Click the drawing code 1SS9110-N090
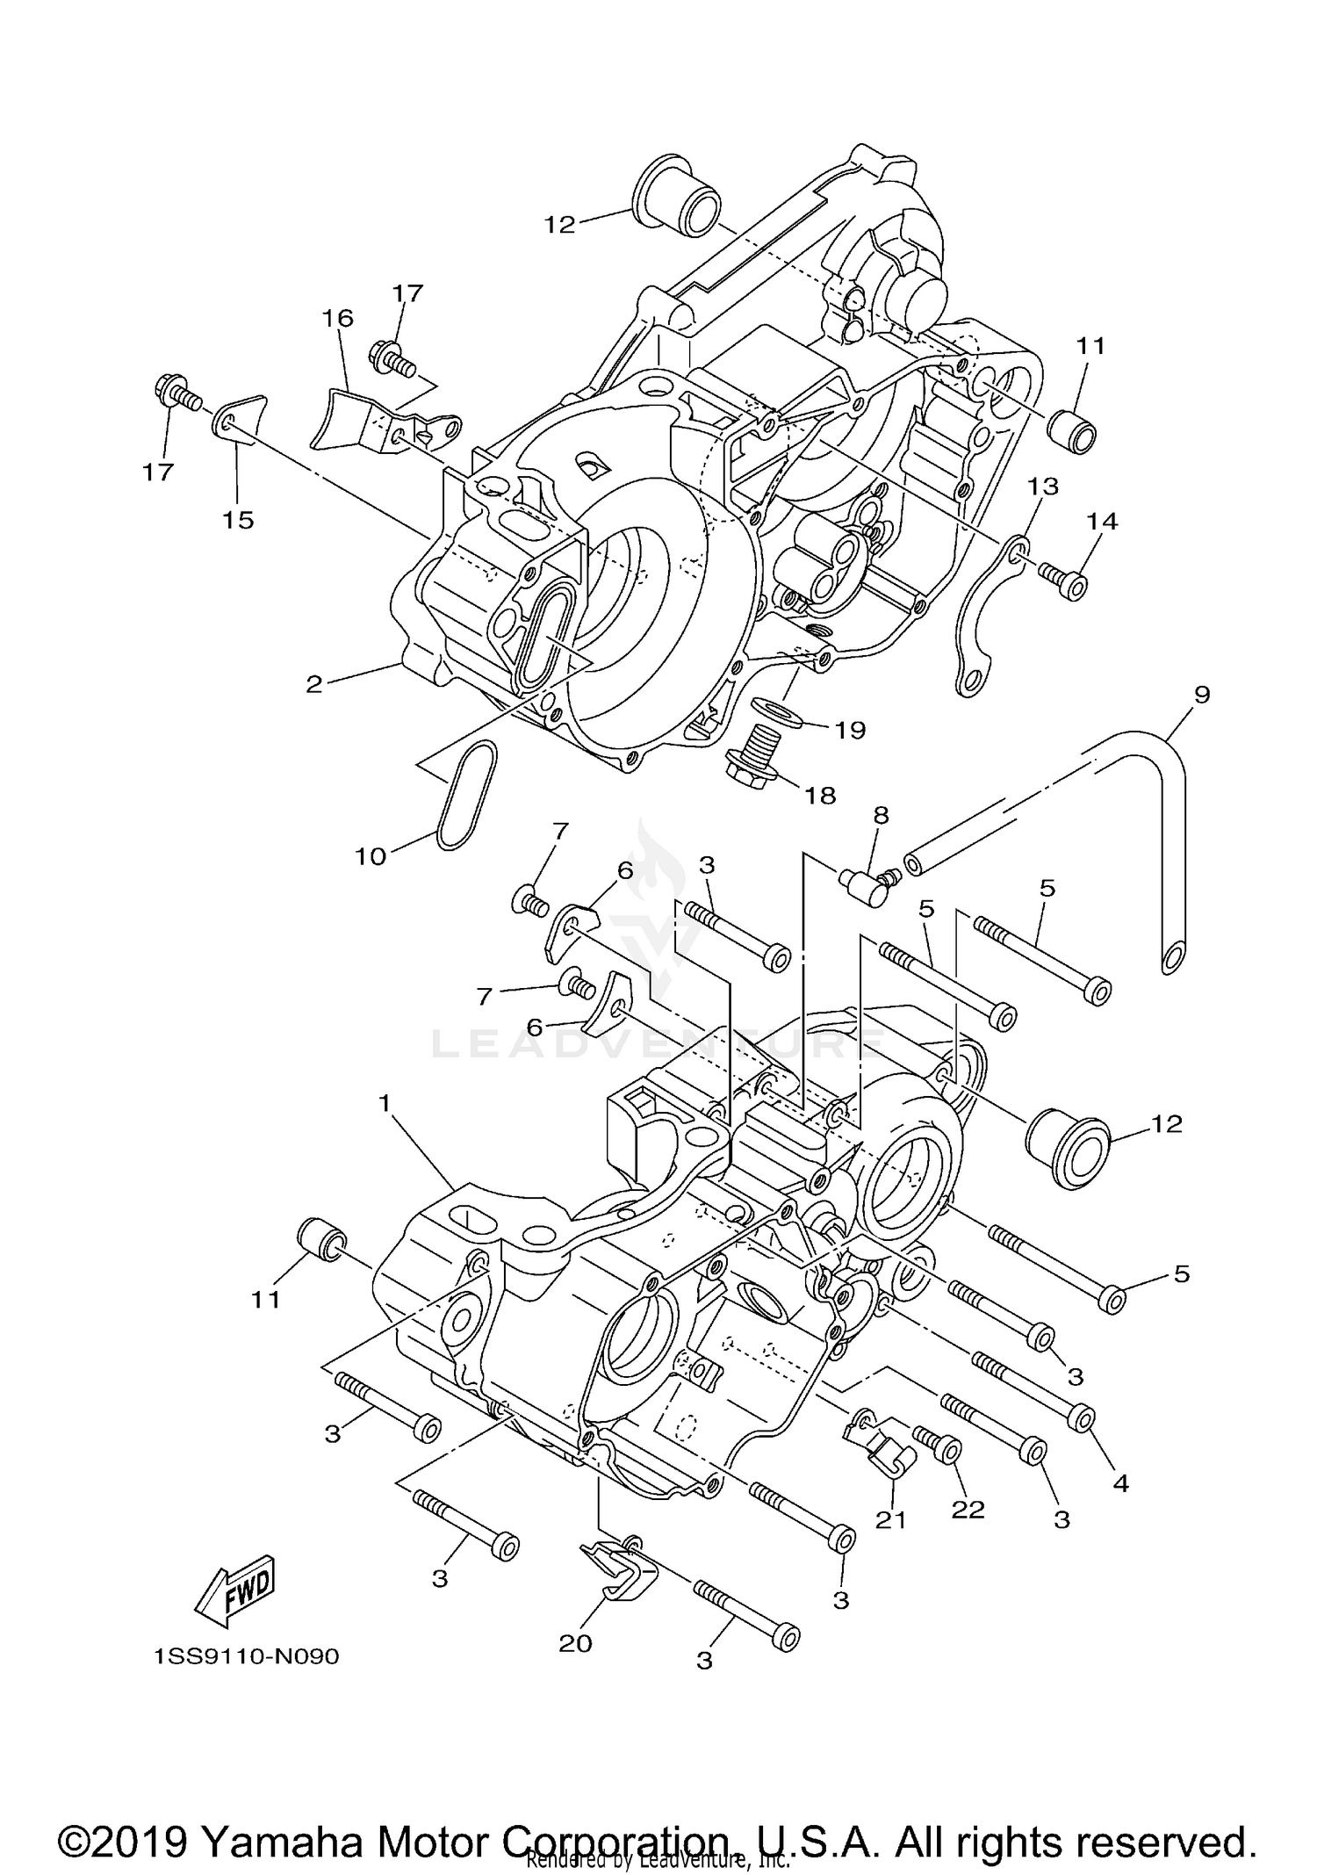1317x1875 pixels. coord(247,1657)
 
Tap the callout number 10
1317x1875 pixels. coord(371,855)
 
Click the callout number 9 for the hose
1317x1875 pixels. coord(1202,695)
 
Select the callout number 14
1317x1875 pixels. coord(1103,521)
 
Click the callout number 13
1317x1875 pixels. coord(1044,486)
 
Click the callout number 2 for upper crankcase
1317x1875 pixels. coord(314,684)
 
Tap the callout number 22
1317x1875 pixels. coord(968,1509)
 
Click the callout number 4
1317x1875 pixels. coord(1120,1483)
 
